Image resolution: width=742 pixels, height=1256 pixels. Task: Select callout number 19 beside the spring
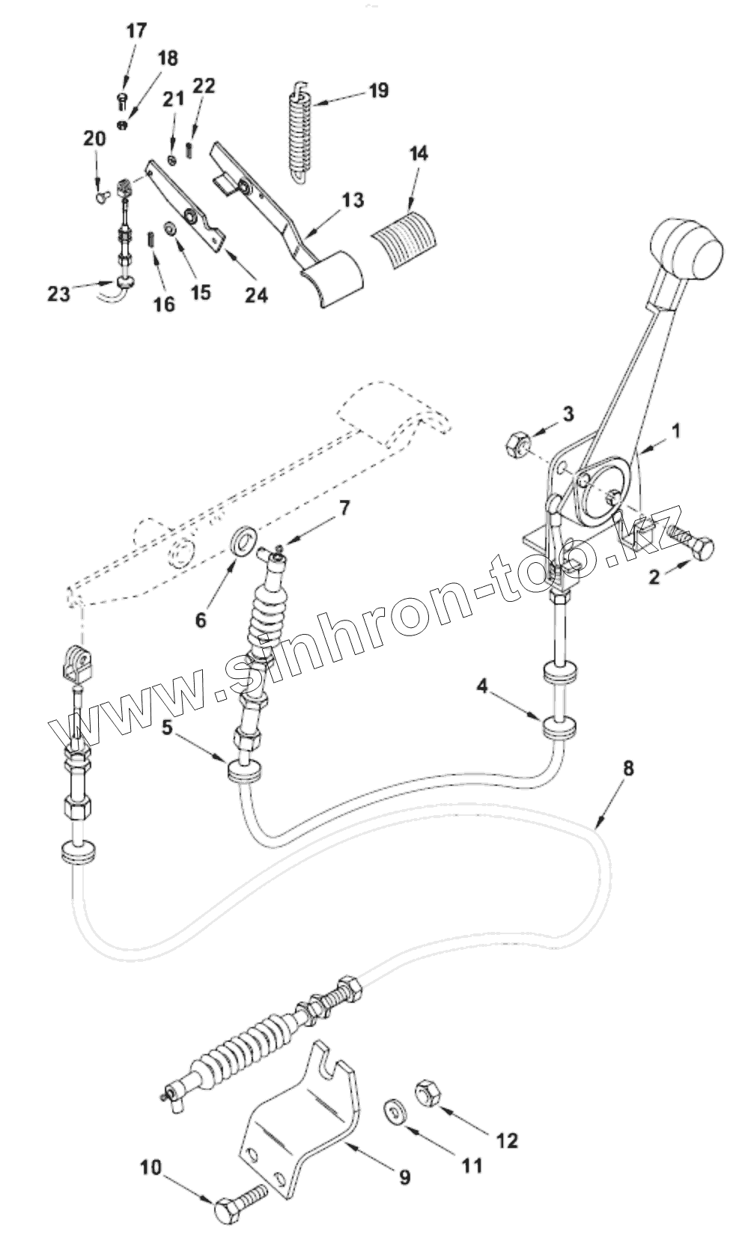pos(378,91)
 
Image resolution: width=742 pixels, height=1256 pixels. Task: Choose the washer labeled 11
pos(393,1110)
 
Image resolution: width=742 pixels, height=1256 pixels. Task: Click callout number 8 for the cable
pos(628,767)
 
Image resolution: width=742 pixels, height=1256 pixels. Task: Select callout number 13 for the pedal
pos(353,201)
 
